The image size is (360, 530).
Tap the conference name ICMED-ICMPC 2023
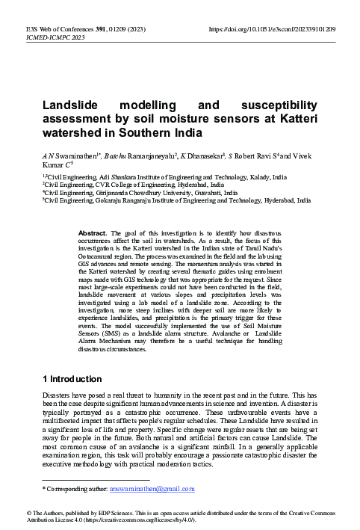pos(46,37)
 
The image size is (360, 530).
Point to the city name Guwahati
pos(217,193)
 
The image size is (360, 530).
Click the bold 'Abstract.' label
pos(94,232)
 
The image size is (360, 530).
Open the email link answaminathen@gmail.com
pos(152,489)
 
